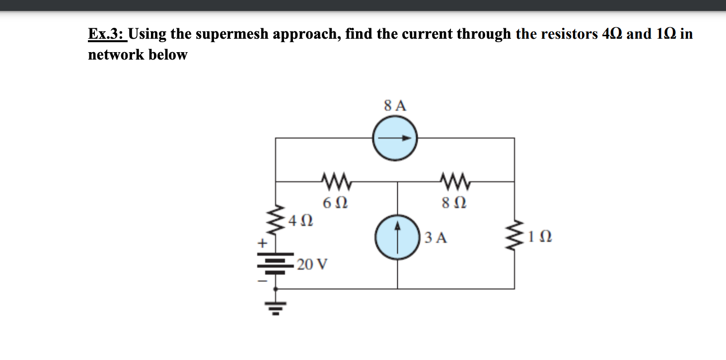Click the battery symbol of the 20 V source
275,264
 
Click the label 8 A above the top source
395,105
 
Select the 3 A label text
437,238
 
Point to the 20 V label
313,264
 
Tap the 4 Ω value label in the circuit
301,219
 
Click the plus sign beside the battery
262,244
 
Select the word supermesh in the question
229,35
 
